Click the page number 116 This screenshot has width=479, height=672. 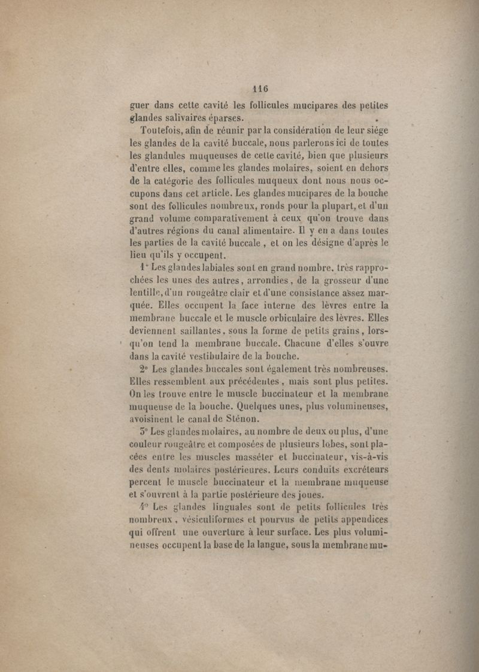pos(260,88)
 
